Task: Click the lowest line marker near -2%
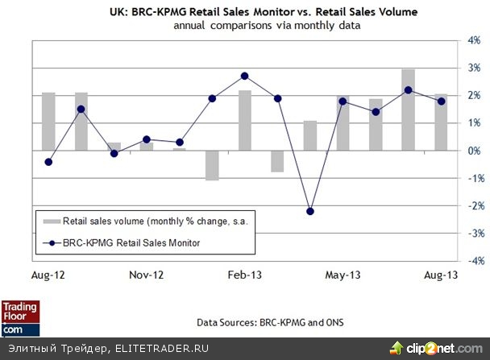point(310,211)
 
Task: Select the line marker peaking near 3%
point(244,76)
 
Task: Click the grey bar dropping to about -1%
point(212,165)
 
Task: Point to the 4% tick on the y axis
point(474,40)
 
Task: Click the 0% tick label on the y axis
point(474,151)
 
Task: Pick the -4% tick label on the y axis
point(474,261)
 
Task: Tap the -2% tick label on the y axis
point(474,205)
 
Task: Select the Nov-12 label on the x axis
point(146,275)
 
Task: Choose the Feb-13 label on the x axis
point(244,275)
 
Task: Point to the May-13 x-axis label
point(343,275)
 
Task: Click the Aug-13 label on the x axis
point(440,275)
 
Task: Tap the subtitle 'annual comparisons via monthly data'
point(245,26)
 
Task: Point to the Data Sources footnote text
point(270,322)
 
